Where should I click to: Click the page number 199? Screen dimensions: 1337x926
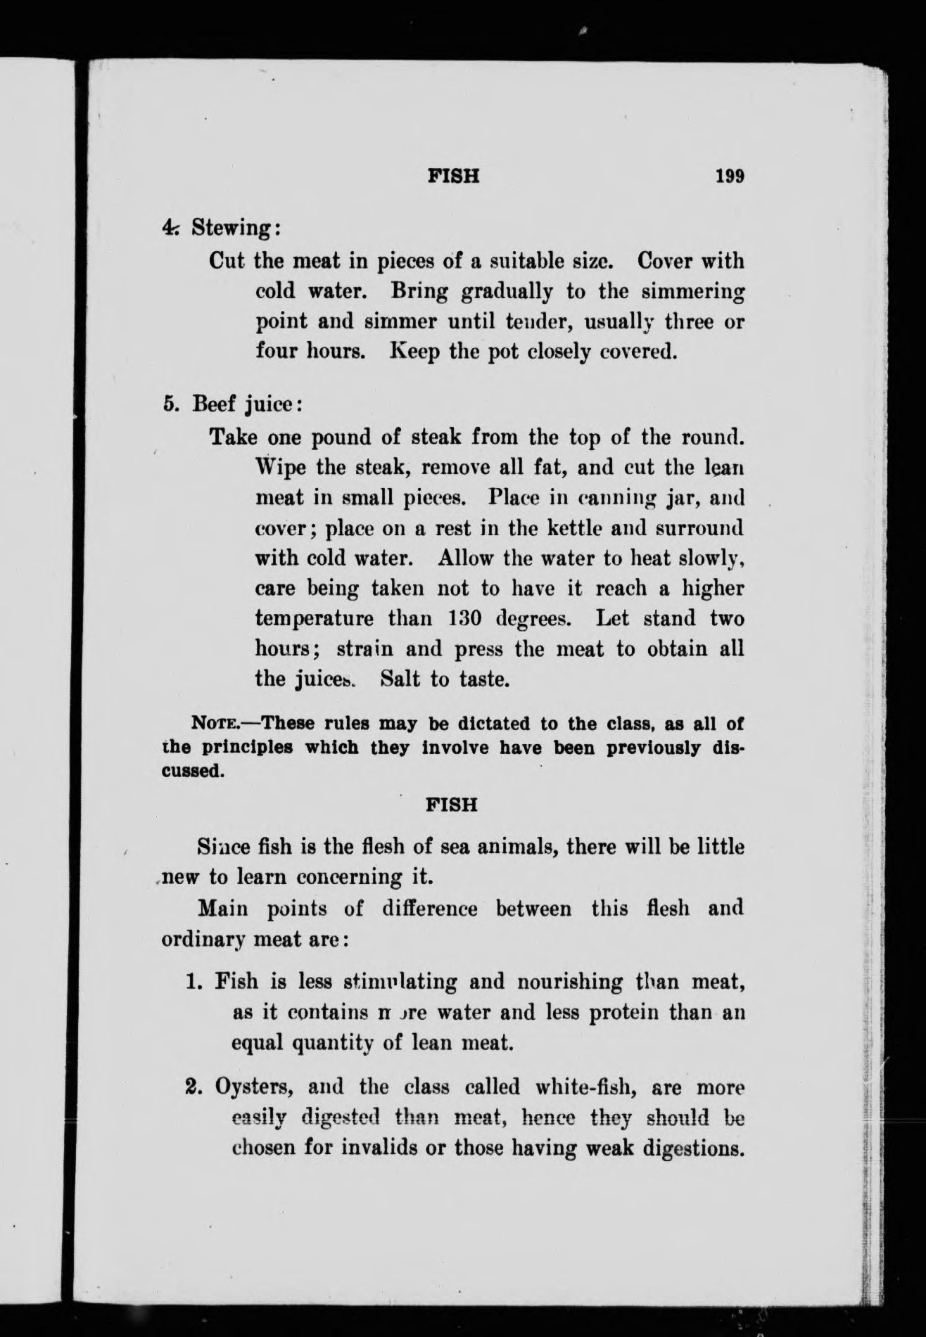730,176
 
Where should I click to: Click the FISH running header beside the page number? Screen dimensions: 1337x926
453,176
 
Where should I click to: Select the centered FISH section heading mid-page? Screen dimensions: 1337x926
452,804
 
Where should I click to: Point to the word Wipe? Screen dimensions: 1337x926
279,467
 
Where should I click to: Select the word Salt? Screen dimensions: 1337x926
401,679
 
